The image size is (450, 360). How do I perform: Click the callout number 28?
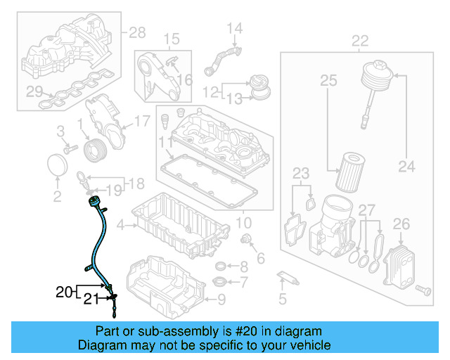click(138, 32)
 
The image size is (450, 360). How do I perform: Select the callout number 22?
click(359, 41)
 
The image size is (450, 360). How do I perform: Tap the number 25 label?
click(329, 82)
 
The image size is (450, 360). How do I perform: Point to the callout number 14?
click(233, 29)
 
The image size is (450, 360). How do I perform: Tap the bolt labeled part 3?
click(70, 150)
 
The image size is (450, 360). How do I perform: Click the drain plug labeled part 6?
click(247, 242)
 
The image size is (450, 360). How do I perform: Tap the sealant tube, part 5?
click(288, 276)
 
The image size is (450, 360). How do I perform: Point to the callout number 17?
click(141, 121)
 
